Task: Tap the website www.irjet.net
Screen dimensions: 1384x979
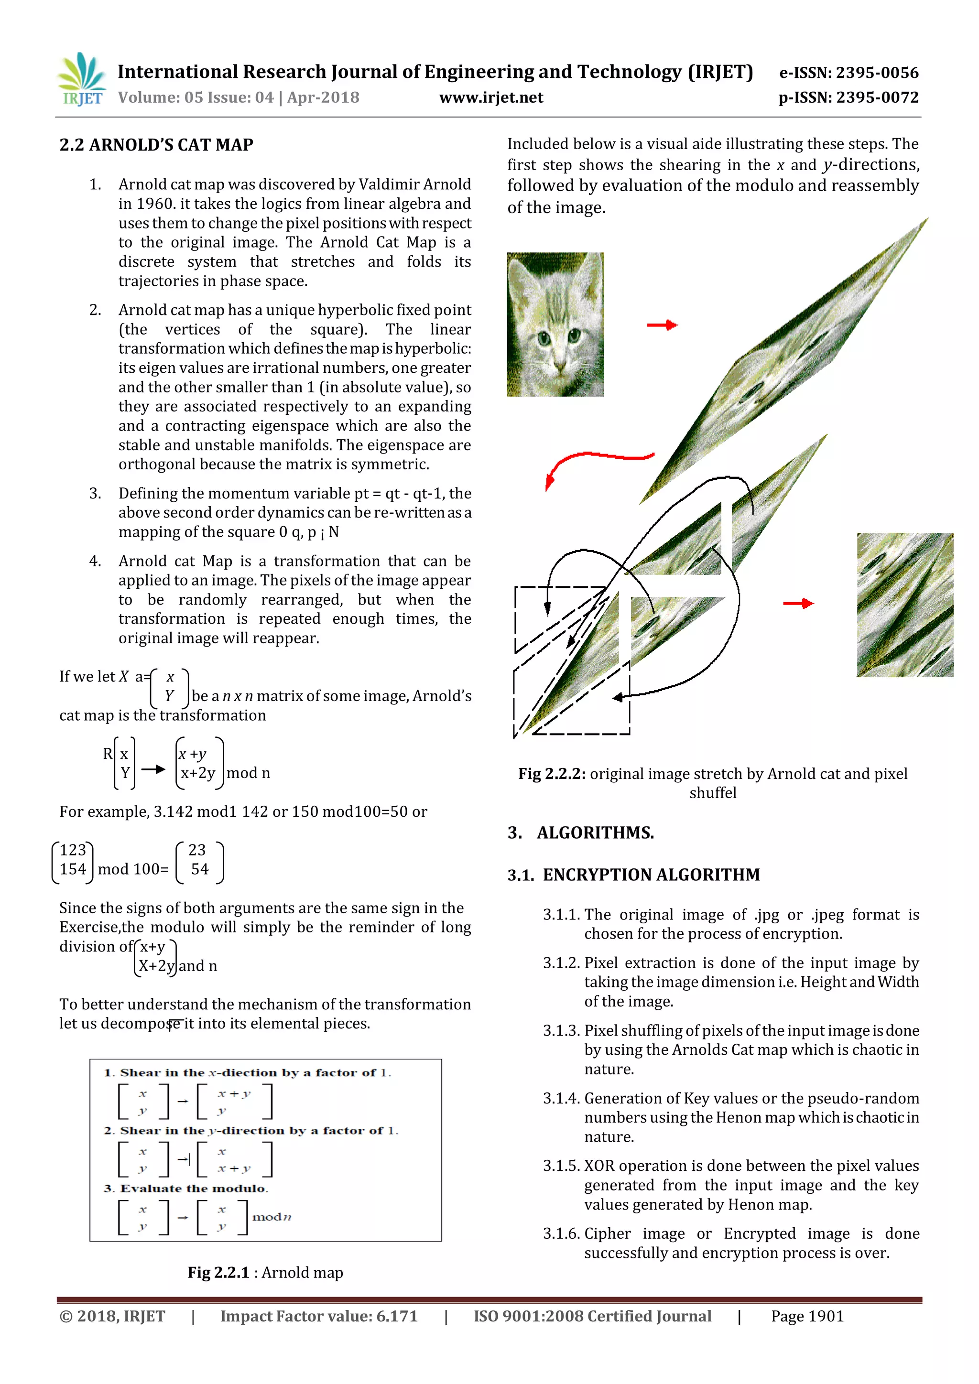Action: point(491,97)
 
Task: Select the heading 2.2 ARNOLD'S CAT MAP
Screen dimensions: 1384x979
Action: point(156,145)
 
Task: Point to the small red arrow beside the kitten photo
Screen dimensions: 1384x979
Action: point(662,325)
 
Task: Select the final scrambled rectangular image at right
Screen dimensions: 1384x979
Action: point(904,605)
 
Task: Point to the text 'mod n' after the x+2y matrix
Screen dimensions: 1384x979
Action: point(249,773)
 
